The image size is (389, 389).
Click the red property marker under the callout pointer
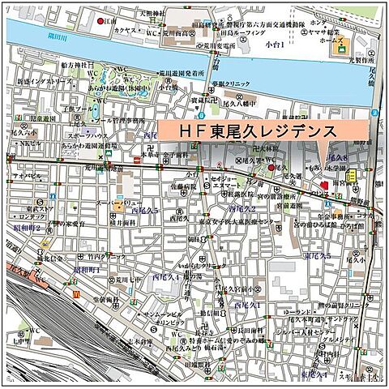click(x=323, y=186)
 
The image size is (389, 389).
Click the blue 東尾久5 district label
click(x=317, y=256)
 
